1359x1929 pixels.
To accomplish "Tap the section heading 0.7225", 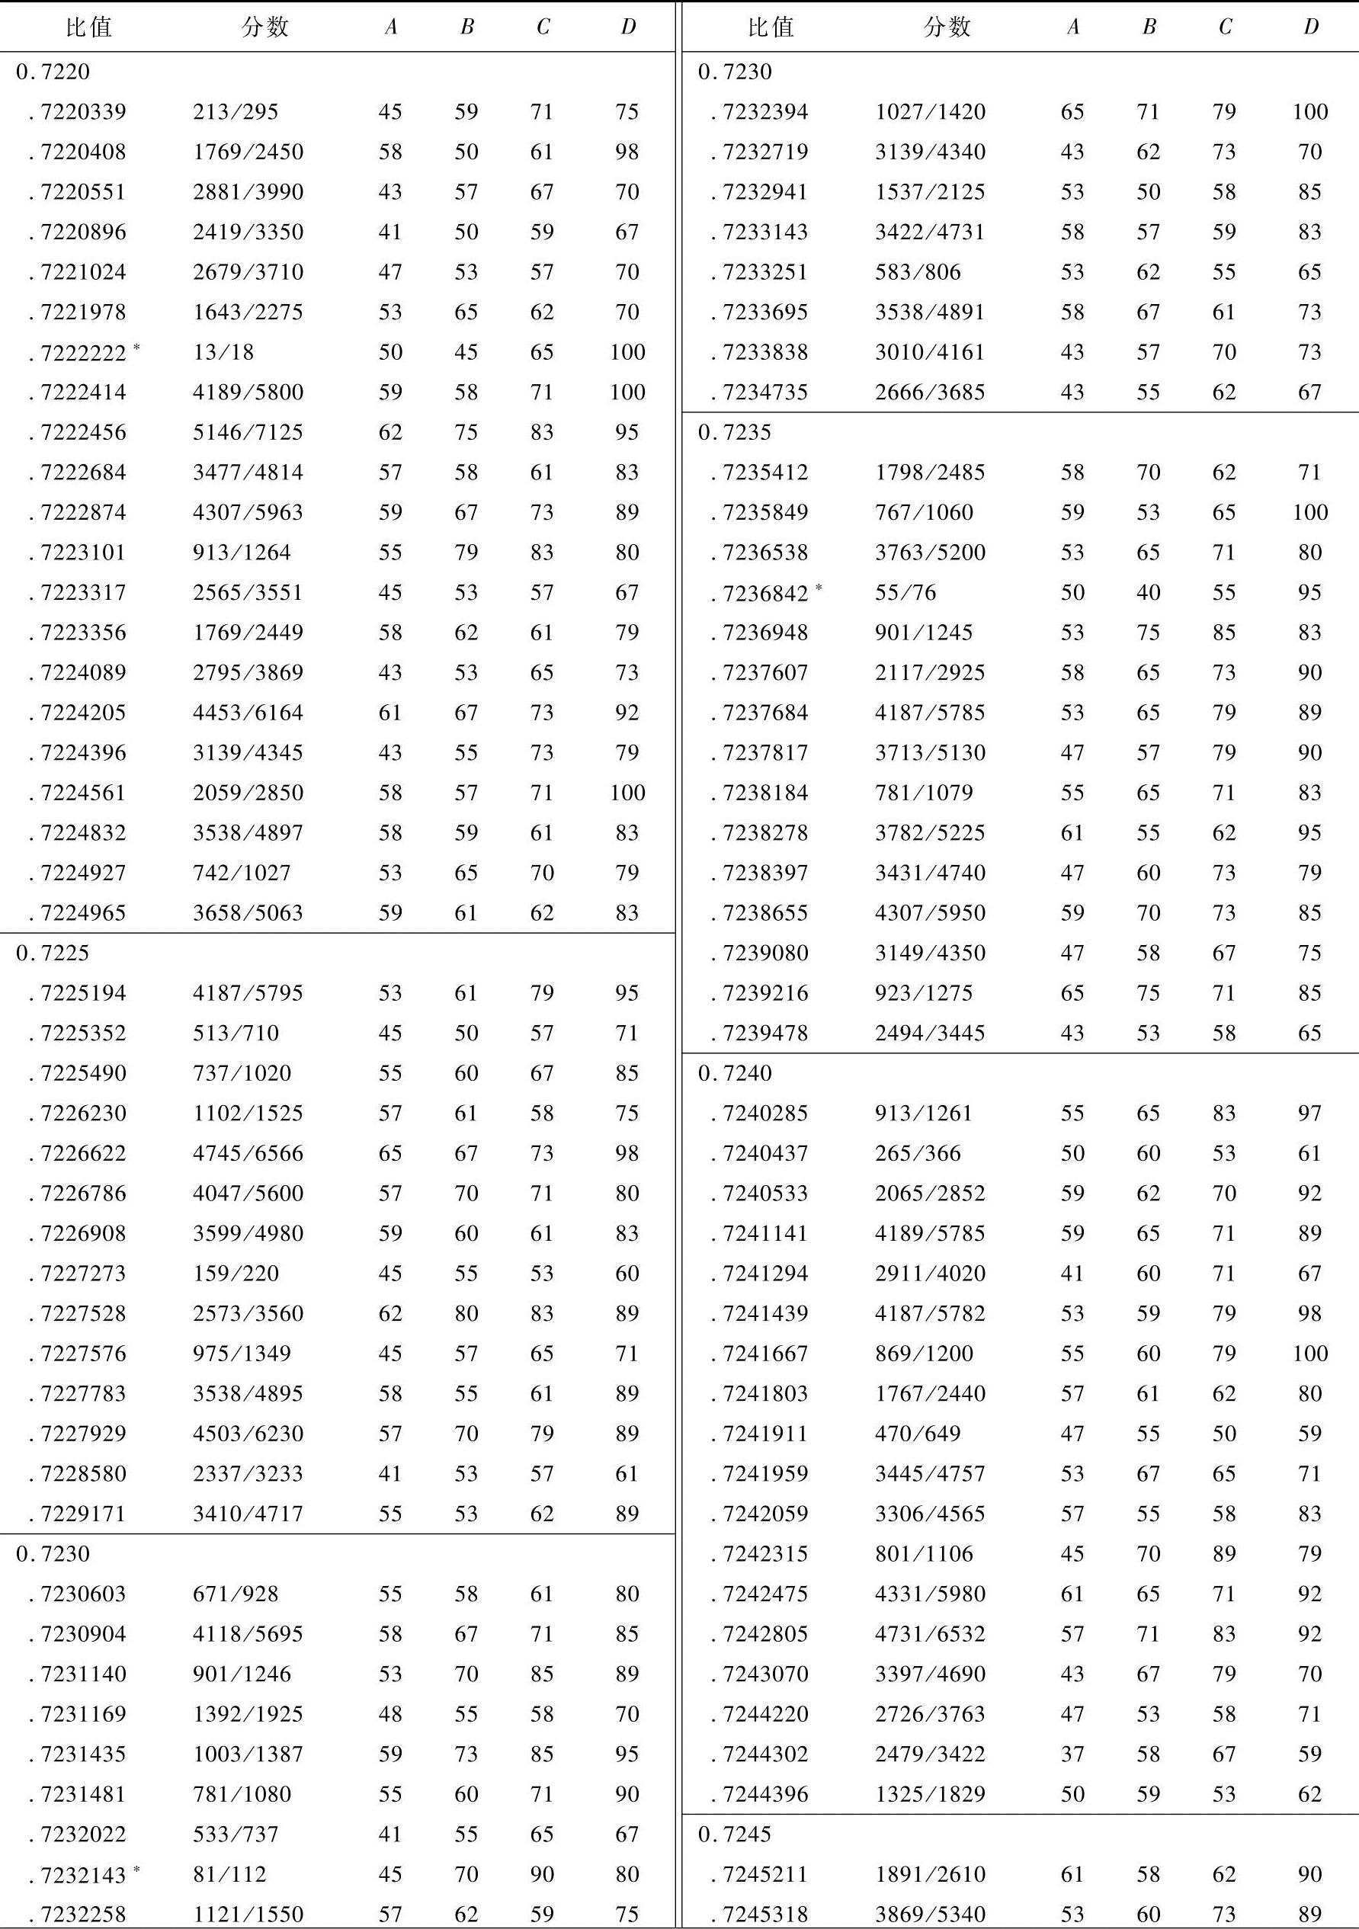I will [52, 953].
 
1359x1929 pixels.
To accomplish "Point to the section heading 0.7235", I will [735, 432].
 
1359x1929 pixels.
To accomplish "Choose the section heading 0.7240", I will [735, 1073].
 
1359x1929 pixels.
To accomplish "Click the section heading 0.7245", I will [735, 1834].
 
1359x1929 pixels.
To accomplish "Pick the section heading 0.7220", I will [52, 72].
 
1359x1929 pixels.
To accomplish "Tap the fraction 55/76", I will [905, 592].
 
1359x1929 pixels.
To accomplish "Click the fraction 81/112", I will [229, 1873].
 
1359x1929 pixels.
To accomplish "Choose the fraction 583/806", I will [918, 272].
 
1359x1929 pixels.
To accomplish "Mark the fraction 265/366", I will [918, 1152].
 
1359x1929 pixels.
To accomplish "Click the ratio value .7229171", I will [82, 1513].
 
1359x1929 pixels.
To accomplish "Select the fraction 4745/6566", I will [248, 1152].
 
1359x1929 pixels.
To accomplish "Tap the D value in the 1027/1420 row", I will [1309, 112].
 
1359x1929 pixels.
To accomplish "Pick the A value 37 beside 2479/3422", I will [1072, 1754].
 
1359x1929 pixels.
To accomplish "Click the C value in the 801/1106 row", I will [1223, 1553].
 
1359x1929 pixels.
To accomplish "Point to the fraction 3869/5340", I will [930, 1914].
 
